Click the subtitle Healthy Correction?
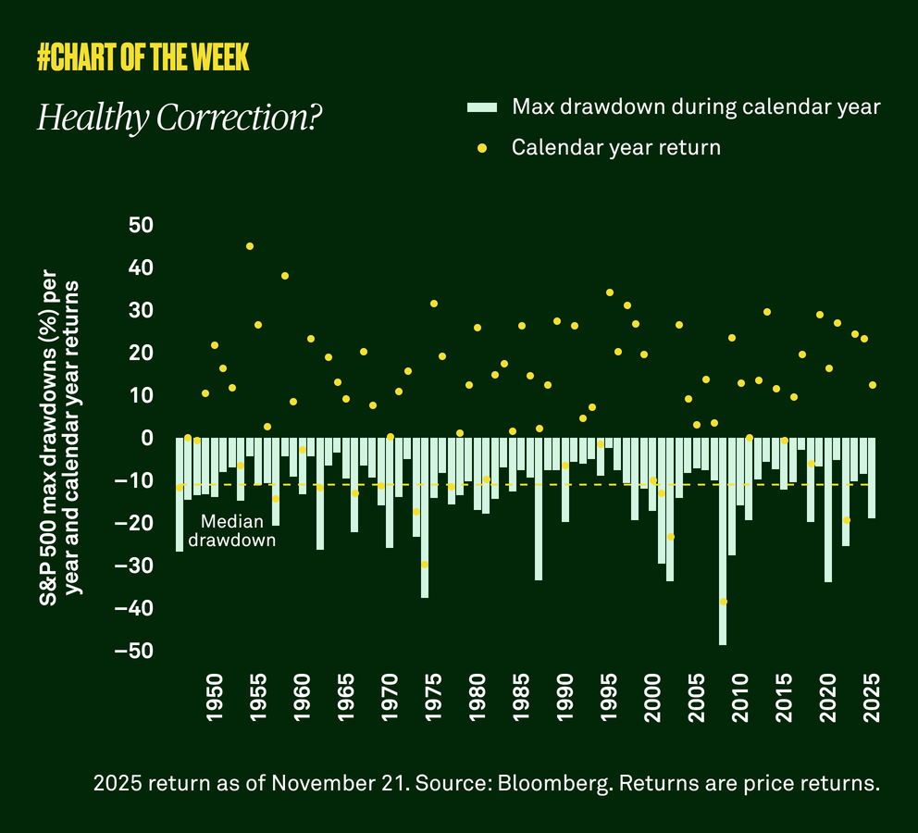[x=175, y=118]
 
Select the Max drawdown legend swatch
[x=482, y=107]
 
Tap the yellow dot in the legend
[x=482, y=148]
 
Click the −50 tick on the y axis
[x=136, y=652]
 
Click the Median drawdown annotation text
[x=232, y=531]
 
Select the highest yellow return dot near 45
[x=250, y=246]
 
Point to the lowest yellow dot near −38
[x=723, y=602]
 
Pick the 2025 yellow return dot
[x=872, y=385]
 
